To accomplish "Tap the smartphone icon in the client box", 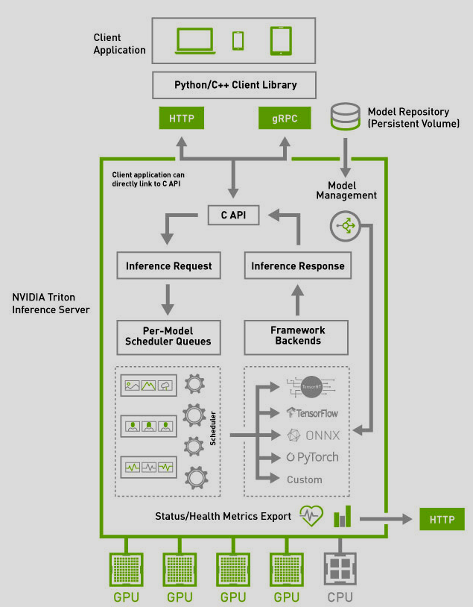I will pos(238,40).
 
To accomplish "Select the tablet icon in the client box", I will pos(279,40).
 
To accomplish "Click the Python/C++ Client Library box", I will pos(235,85).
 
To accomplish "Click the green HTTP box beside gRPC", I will pos(181,118).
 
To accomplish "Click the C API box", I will pos(233,216).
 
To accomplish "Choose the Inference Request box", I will pos(168,265).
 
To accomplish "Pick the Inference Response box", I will pos(297,265).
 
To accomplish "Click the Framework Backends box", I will pos(297,336).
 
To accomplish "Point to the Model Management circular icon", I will pos(345,226).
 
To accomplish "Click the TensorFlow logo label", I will pos(314,412).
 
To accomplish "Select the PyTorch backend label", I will pos(313,457).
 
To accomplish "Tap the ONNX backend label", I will pos(313,435).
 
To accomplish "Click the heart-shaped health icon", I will pos(311,516).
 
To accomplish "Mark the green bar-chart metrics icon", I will pos(342,516).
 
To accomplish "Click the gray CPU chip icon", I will pos(340,570).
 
